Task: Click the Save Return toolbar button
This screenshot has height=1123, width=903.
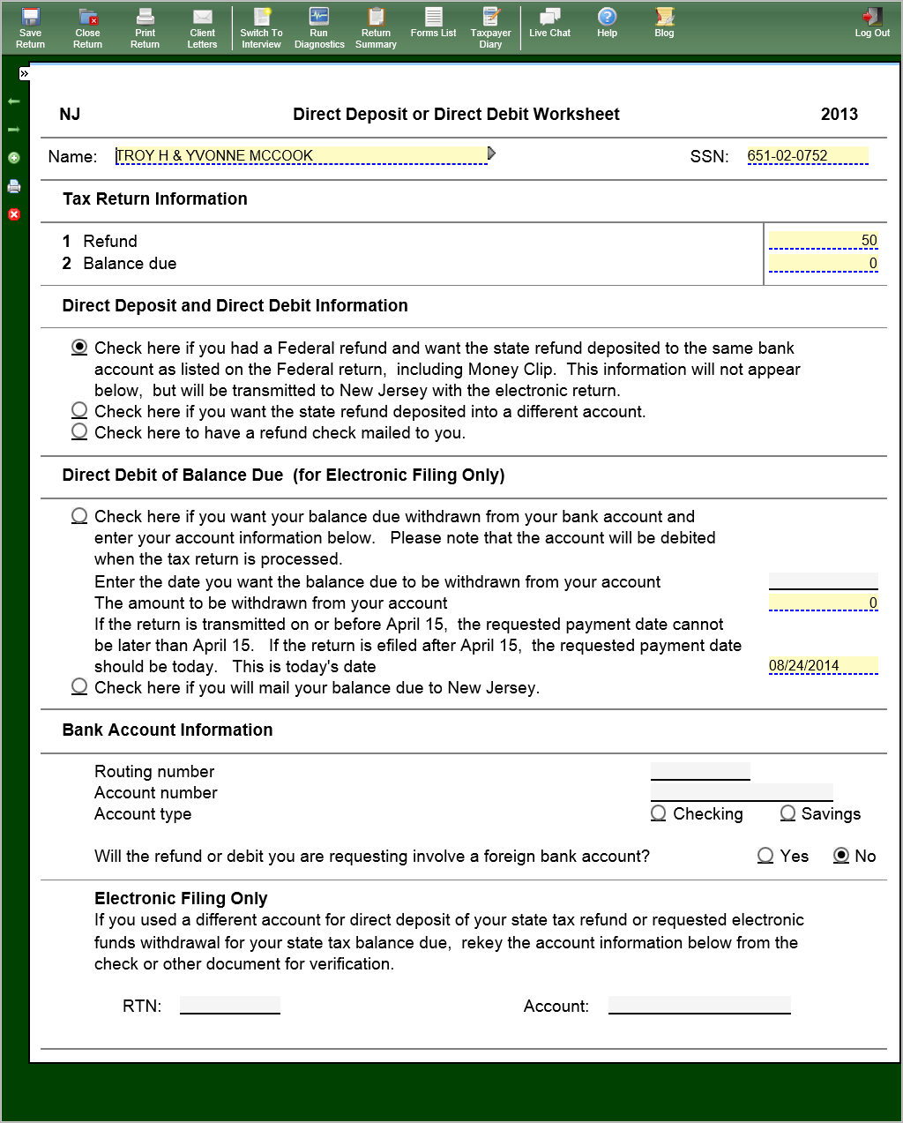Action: pyautogui.click(x=30, y=28)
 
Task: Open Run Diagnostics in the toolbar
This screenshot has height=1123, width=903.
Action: pyautogui.click(x=319, y=28)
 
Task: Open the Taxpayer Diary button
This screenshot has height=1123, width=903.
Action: pyautogui.click(x=491, y=28)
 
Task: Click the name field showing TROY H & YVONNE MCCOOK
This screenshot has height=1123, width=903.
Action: pyautogui.click(x=300, y=156)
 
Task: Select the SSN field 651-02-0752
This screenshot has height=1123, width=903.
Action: pyautogui.click(x=806, y=156)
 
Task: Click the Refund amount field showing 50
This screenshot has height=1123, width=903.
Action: pyautogui.click(x=823, y=241)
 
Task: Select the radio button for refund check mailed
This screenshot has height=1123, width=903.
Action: pyautogui.click(x=79, y=431)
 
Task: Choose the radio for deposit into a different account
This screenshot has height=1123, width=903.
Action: pyautogui.click(x=79, y=410)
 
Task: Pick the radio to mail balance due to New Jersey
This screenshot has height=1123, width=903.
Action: pyautogui.click(x=79, y=686)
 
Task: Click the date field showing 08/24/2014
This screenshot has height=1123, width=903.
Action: pyautogui.click(x=823, y=666)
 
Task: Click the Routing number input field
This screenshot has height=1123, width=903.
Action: pyautogui.click(x=700, y=771)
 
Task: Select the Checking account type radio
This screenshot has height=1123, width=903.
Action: pyautogui.click(x=659, y=813)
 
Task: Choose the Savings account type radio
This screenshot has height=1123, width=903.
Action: pyautogui.click(x=787, y=813)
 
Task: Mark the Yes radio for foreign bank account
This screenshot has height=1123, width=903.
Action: pyautogui.click(x=765, y=856)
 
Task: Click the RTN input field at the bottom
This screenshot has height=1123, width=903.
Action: pyautogui.click(x=230, y=1005)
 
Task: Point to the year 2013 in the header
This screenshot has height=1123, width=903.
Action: pyautogui.click(x=839, y=114)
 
